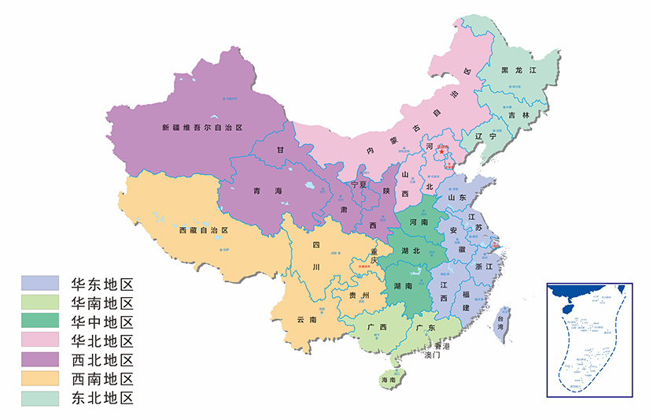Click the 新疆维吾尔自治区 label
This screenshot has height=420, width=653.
201,127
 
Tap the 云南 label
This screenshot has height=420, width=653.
307,320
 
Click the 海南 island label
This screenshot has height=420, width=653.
388,380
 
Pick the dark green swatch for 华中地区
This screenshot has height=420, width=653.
39,322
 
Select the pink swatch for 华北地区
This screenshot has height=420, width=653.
39,340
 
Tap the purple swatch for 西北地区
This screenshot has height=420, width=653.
39,360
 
